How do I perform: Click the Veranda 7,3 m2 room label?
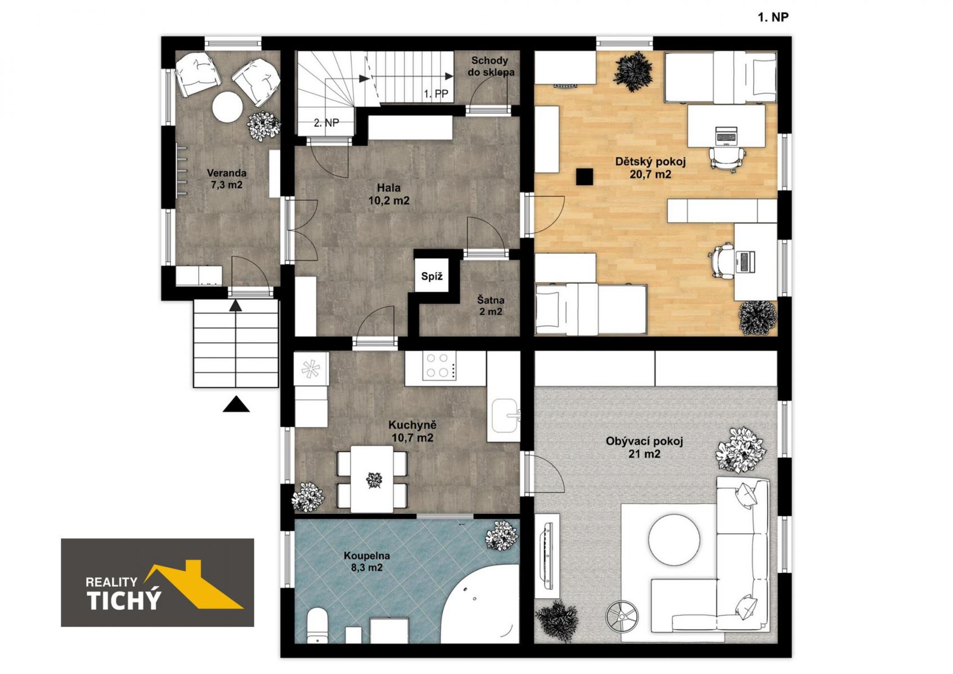point(226,179)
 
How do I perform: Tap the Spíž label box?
point(432,276)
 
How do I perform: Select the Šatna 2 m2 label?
point(491,306)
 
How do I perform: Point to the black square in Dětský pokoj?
point(584,177)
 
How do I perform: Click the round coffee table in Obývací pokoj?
point(674,540)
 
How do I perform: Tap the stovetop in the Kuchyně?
point(439,366)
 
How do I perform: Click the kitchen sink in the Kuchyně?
point(506,415)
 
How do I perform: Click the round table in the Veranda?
point(228,107)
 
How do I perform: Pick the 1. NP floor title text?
point(773,17)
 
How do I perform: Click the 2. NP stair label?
point(326,123)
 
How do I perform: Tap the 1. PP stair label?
point(435,94)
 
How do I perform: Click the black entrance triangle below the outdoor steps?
point(236,404)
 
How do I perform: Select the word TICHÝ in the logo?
point(124,600)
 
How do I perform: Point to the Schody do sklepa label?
point(491,67)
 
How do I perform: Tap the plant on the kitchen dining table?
point(374,481)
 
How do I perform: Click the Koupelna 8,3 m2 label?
point(366,561)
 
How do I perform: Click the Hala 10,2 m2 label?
point(389,194)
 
